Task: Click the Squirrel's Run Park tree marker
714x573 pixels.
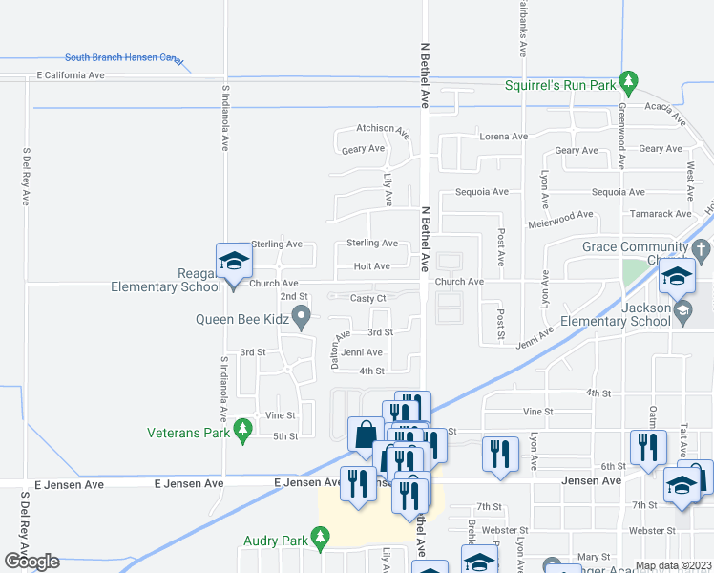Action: coord(627,79)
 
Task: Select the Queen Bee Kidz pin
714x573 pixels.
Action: coord(302,316)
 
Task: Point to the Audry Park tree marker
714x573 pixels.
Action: coord(322,541)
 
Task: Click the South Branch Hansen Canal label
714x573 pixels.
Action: coord(123,58)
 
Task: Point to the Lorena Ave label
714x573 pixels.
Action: coord(503,137)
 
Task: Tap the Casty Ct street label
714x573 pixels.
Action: coord(367,298)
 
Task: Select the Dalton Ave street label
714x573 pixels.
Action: coord(335,350)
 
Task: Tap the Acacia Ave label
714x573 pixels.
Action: coord(665,114)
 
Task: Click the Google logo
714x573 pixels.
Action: coord(31,562)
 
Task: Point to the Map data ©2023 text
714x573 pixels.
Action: coord(673,565)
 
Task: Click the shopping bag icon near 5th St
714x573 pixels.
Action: coord(366,435)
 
